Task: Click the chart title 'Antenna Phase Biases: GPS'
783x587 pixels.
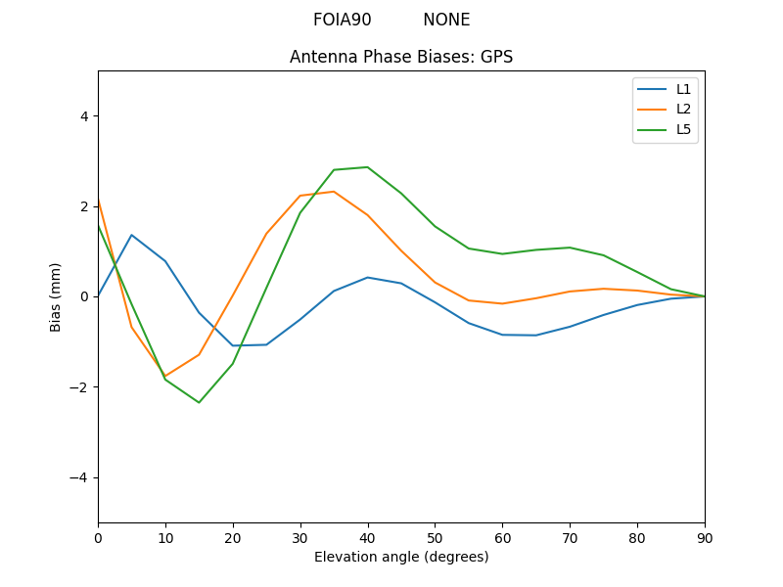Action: coord(401,57)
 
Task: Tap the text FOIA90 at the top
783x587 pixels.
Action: coord(342,20)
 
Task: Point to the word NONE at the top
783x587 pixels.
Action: coord(446,20)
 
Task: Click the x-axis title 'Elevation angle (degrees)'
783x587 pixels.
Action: coord(401,557)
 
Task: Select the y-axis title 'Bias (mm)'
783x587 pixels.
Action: coord(57,296)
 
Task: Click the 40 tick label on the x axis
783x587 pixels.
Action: coord(367,537)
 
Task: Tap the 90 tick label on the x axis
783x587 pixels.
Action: coord(705,537)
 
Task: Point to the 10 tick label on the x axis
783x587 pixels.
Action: coord(165,537)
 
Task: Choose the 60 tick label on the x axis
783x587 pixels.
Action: coord(502,537)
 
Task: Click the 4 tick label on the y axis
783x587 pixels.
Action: coord(83,115)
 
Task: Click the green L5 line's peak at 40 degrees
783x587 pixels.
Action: coord(367,167)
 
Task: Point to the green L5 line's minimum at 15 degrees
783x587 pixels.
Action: coord(199,402)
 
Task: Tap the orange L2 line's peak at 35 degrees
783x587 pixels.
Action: coord(334,192)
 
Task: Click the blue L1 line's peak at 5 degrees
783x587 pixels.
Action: coord(131,235)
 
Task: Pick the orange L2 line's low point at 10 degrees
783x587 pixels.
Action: coord(165,376)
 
